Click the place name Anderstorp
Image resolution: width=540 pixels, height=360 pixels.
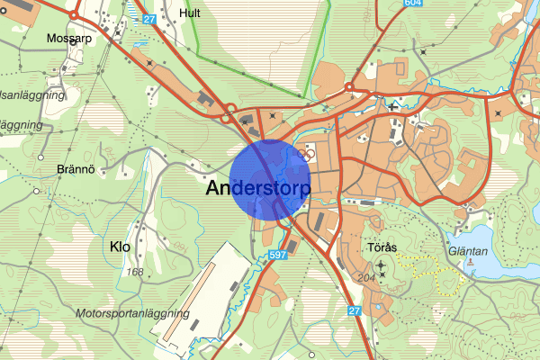click(x=258, y=189)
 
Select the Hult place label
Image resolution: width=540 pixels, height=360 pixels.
click(x=190, y=13)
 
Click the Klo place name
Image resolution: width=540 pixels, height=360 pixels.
click(x=120, y=246)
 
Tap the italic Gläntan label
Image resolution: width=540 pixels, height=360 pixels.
click(x=466, y=228)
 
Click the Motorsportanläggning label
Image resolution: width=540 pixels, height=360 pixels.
click(x=133, y=314)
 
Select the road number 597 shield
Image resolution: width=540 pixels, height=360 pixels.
click(x=278, y=256)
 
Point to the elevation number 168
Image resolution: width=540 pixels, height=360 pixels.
click(x=136, y=272)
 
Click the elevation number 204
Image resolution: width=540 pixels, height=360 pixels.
click(x=366, y=277)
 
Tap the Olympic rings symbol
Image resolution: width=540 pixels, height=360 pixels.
click(x=306, y=154)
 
